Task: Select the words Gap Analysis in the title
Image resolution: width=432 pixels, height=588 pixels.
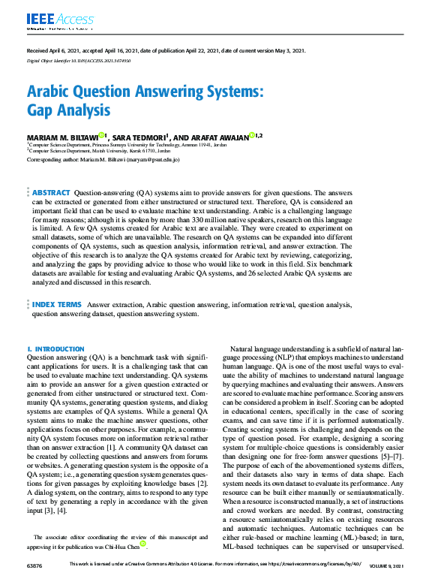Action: [x=68, y=110]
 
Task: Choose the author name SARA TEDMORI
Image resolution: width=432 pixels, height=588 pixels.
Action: [x=148, y=137]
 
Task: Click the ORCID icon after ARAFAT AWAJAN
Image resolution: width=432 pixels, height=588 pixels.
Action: [x=252, y=136]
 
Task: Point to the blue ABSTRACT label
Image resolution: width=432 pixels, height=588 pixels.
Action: [x=51, y=193]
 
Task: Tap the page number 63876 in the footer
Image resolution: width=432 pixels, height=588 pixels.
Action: [x=34, y=584]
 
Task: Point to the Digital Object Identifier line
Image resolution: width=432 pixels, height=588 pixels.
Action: [x=79, y=60]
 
